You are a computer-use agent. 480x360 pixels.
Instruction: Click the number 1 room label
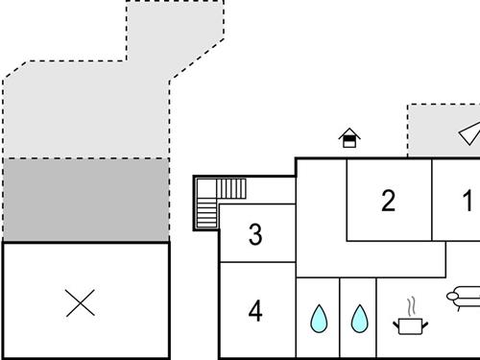point(468,202)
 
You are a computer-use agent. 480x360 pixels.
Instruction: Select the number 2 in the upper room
point(388,202)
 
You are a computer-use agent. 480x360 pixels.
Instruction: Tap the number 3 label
point(255,234)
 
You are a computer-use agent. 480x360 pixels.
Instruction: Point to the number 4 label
point(255,311)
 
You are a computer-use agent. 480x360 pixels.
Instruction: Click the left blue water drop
point(318,318)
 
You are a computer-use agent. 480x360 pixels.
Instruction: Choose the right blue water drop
point(359,318)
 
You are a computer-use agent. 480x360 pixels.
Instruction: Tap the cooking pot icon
point(411,325)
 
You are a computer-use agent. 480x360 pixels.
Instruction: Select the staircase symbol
point(220,201)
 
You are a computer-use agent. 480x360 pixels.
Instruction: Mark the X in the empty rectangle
point(81,303)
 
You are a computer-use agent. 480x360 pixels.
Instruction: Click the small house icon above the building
point(350,138)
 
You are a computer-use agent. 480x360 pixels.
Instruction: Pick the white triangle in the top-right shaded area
point(468,132)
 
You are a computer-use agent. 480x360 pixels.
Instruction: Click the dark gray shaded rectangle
point(85,200)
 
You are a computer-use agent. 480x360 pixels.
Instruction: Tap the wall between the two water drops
point(339,318)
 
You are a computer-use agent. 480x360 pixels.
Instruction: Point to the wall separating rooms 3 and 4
point(257,262)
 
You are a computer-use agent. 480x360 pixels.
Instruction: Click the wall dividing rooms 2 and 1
point(432,200)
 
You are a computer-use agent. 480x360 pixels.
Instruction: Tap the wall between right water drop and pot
point(376,318)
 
